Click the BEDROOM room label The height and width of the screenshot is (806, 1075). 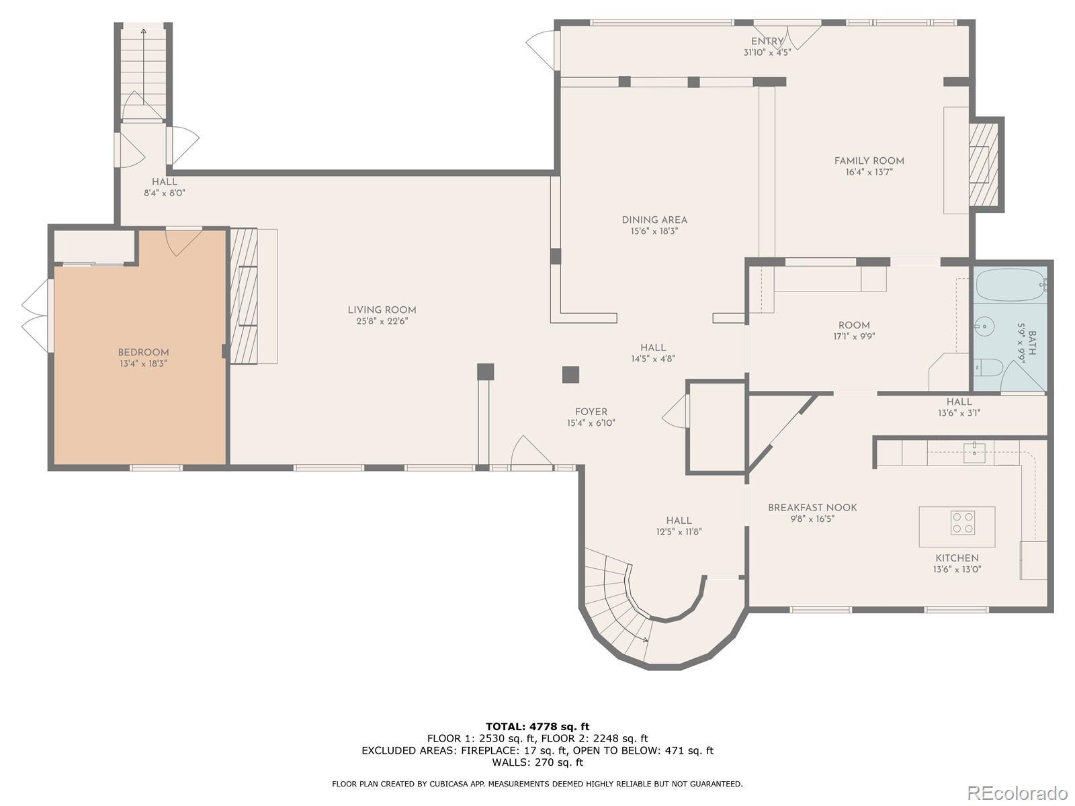click(x=143, y=353)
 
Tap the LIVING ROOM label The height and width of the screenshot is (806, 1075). click(x=382, y=310)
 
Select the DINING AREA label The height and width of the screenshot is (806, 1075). click(x=654, y=220)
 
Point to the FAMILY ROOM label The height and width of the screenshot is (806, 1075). click(x=869, y=161)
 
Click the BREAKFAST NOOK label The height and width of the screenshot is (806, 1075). click(x=812, y=508)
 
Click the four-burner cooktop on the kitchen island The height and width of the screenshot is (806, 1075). click(x=962, y=523)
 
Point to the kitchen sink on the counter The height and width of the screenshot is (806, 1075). click(x=975, y=453)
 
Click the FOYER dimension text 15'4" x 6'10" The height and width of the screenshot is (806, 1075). click(x=591, y=423)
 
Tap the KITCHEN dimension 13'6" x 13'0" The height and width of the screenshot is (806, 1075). click(x=957, y=569)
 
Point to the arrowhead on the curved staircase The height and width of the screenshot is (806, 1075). click(x=646, y=639)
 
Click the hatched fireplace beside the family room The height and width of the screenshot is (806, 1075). click(x=984, y=165)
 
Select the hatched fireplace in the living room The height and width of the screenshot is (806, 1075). click(x=244, y=296)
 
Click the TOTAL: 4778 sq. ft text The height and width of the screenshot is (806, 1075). click(x=537, y=726)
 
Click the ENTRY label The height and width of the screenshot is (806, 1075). click(x=767, y=42)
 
